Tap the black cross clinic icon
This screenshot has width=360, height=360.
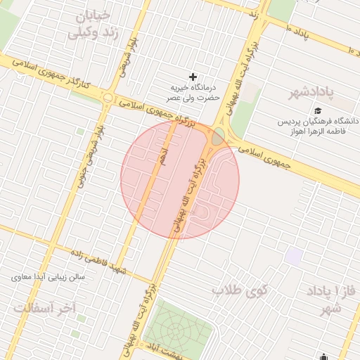193,76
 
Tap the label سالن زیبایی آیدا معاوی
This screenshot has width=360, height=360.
47,277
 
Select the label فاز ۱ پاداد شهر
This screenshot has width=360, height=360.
331,299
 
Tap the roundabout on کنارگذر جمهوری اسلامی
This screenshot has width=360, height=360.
108,98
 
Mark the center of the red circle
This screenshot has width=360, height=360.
180,179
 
